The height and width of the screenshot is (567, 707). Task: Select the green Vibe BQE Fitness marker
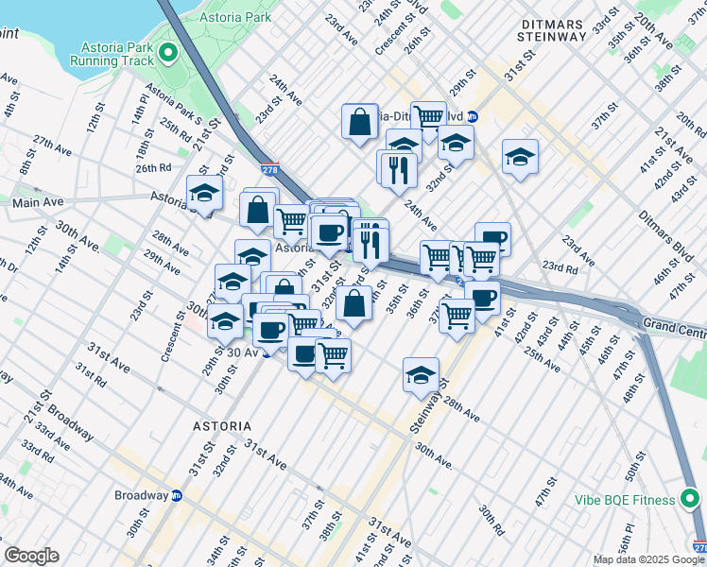(691, 498)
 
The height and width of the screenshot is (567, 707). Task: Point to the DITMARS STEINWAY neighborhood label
(552, 28)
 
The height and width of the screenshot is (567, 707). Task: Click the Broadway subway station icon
(176, 495)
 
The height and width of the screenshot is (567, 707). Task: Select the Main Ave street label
(38, 202)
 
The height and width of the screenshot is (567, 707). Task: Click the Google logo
(31, 556)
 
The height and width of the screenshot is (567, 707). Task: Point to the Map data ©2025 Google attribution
(647, 559)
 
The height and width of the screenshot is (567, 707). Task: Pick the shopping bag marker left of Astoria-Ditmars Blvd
(359, 121)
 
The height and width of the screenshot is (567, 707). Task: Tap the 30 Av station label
(242, 352)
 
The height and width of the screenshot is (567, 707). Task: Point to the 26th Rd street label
(152, 168)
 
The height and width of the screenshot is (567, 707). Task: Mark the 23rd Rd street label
(560, 268)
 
